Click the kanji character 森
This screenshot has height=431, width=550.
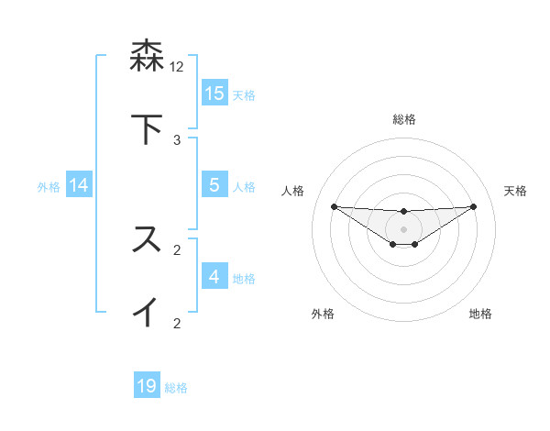(148, 57)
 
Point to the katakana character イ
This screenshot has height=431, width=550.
(148, 312)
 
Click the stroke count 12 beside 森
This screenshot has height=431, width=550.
(177, 67)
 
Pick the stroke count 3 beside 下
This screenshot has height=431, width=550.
(177, 140)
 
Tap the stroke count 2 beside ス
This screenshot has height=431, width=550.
(177, 249)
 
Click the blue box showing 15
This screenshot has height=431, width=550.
(214, 93)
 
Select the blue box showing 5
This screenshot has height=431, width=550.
(214, 184)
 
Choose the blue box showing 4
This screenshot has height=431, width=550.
(214, 276)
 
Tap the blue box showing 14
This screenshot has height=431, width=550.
(79, 184)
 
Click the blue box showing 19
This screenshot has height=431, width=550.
(148, 386)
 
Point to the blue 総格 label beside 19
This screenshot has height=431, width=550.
(176, 388)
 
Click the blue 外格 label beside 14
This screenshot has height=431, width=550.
(49, 186)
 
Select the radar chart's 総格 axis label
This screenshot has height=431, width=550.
(404, 119)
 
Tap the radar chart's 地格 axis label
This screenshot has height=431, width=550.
(480, 314)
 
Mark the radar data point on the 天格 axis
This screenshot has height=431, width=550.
(474, 206)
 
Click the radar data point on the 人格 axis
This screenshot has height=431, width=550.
(334, 206)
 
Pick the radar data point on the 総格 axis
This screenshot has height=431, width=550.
(404, 212)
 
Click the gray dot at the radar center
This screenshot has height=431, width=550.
(404, 228)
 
